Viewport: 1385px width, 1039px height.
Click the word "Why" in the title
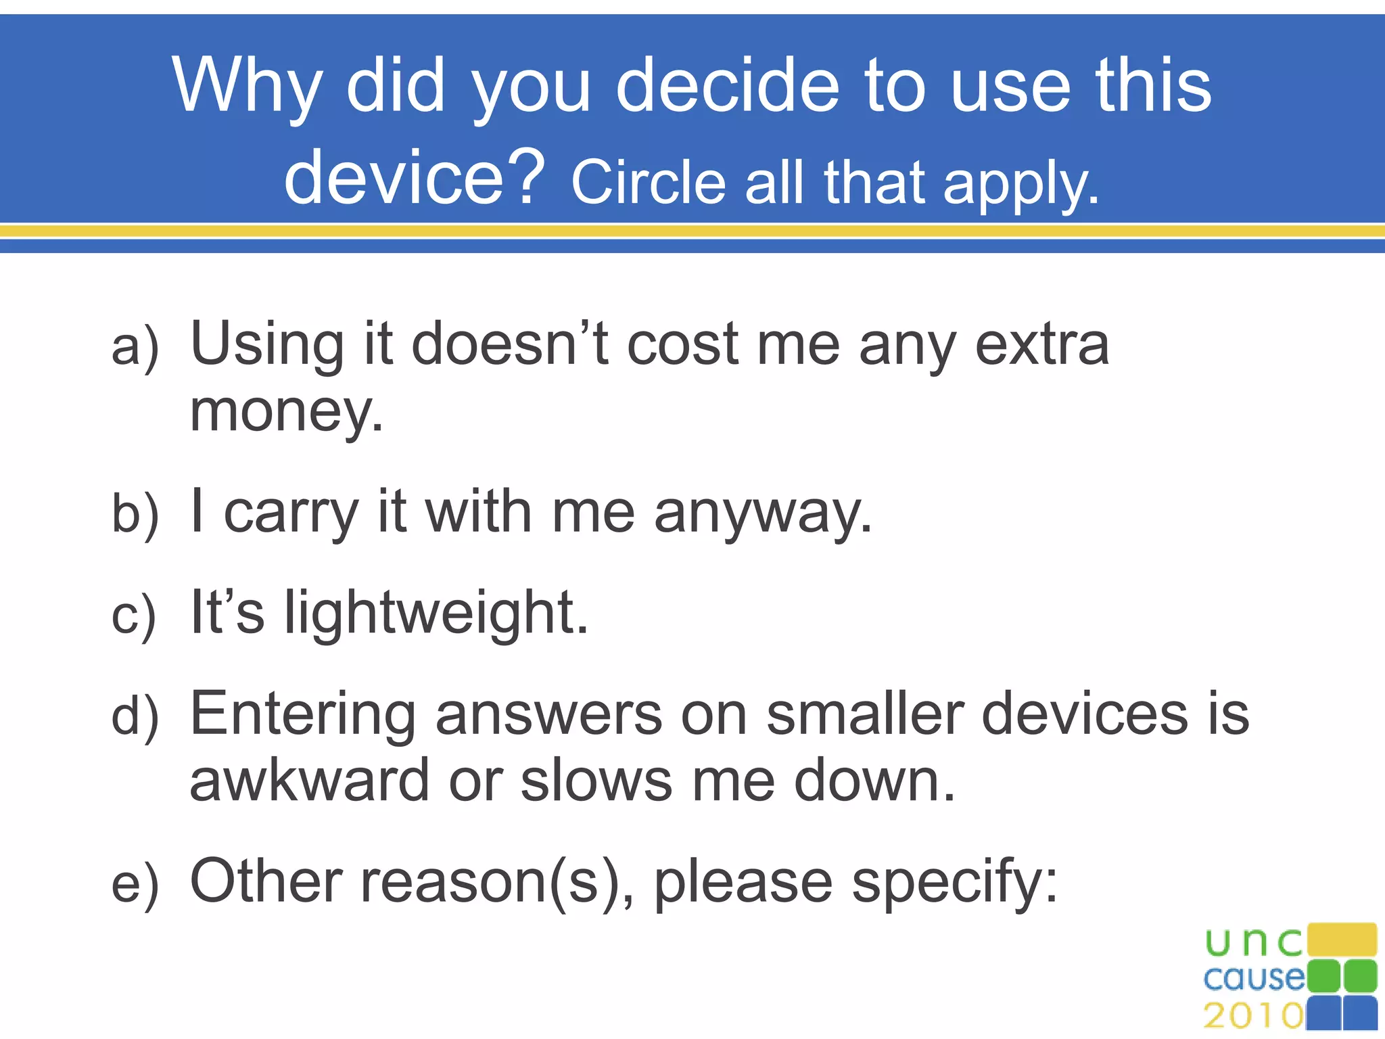(x=247, y=86)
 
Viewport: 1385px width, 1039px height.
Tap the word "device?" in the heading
(x=414, y=177)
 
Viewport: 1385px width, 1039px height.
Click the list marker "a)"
(x=135, y=347)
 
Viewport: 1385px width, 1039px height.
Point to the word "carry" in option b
(x=291, y=513)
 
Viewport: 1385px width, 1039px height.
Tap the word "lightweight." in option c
(x=436, y=612)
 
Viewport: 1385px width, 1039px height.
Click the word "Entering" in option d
(x=302, y=713)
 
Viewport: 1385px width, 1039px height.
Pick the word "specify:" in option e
(x=954, y=882)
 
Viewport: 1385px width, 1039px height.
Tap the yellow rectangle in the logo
(x=1342, y=940)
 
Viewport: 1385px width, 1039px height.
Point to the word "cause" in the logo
(x=1254, y=978)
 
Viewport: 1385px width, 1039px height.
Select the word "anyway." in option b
(x=763, y=513)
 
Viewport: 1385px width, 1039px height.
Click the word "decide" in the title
(x=728, y=86)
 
